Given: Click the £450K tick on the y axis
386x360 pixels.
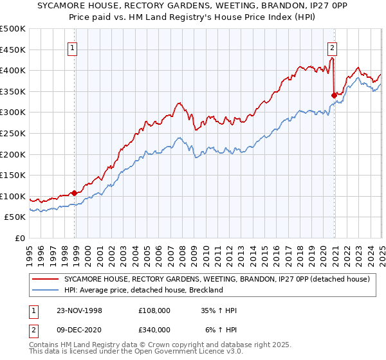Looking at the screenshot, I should coord(13,50).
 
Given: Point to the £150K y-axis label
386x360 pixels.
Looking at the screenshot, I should coord(13,175).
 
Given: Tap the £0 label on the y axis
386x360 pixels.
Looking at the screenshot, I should coord(19,238).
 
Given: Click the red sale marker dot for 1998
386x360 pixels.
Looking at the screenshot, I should coord(75,192).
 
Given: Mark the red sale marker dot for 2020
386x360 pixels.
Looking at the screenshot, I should coord(334,95).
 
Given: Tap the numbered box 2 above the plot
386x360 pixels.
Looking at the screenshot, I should coord(332,47).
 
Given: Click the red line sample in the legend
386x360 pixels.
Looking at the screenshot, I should coord(45,280).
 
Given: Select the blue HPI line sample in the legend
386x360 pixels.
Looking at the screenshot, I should coord(45,290).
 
